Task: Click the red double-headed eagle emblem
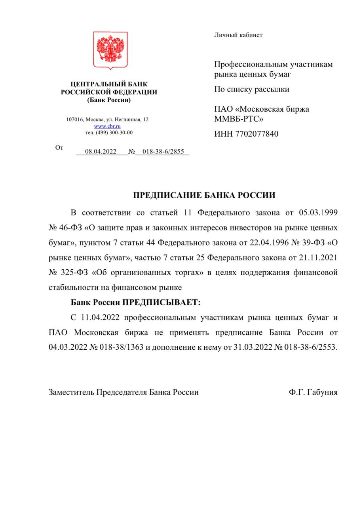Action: pyautogui.click(x=110, y=50)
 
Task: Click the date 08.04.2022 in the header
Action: pyautogui.click(x=101, y=151)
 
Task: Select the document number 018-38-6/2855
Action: pyautogui.click(x=163, y=151)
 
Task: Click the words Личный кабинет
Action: pyautogui.click(x=238, y=35)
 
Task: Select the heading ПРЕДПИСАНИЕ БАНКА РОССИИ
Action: pyautogui.click(x=204, y=195)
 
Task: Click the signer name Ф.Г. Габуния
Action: pyautogui.click(x=313, y=392)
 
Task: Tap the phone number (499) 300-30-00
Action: pyautogui.click(x=114, y=133)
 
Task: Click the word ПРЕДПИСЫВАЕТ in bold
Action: pyautogui.click(x=161, y=303)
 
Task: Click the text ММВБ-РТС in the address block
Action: pyautogui.click(x=238, y=118)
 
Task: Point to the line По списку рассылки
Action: pyautogui.click(x=252, y=89)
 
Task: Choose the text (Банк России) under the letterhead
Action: pyautogui.click(x=109, y=100)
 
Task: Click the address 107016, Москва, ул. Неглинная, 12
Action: pyautogui.click(x=107, y=119)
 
